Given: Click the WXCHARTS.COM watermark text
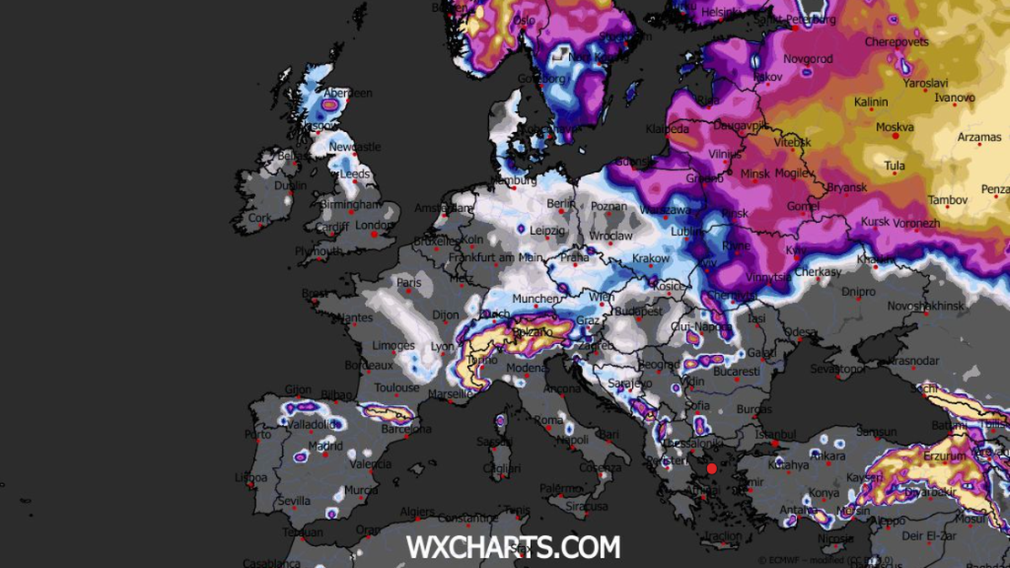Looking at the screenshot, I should (x=513, y=547).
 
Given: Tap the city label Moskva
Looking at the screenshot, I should (x=895, y=128).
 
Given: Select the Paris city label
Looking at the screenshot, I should (x=409, y=283).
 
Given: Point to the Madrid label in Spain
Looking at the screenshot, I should (x=325, y=446).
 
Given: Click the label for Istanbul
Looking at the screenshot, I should (x=776, y=434).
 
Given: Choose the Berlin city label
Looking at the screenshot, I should (x=560, y=204).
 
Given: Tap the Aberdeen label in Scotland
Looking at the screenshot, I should (x=348, y=93).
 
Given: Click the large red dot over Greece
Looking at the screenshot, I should (x=711, y=469).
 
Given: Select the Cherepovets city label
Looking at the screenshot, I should (x=896, y=42).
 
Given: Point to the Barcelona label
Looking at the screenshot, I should (x=406, y=429).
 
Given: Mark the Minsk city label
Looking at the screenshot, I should (x=755, y=174).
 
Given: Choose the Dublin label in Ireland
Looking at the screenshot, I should (x=290, y=186).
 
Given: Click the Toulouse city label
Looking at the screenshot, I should (x=396, y=388).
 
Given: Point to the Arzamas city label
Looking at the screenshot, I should (x=980, y=137).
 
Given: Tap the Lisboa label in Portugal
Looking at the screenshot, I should (x=251, y=477).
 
